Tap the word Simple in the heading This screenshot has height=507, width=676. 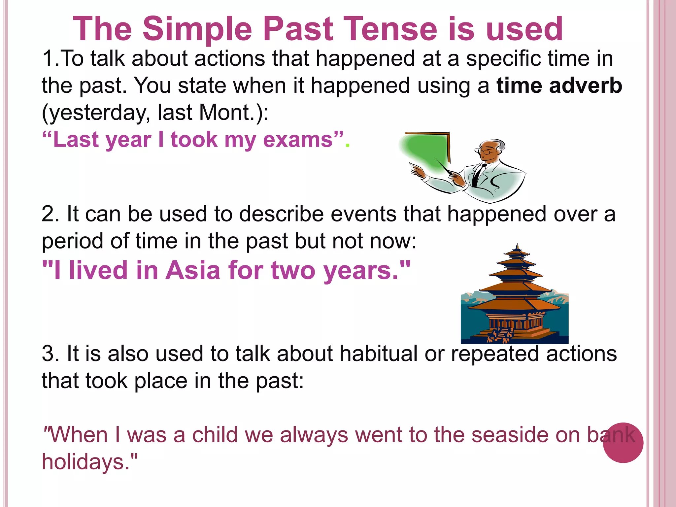point(197,30)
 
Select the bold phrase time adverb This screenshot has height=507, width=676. point(559,86)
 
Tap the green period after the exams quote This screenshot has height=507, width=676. point(347,145)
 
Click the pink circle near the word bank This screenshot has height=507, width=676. point(623,443)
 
